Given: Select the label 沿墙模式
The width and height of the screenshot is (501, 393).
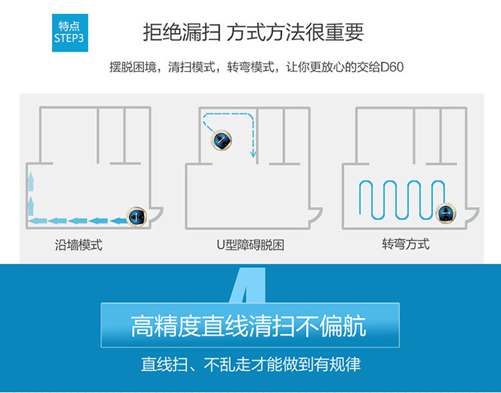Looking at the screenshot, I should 79,245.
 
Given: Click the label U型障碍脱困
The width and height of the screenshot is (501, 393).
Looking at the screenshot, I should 251,245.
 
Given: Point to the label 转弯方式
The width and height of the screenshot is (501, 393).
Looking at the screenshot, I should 406,243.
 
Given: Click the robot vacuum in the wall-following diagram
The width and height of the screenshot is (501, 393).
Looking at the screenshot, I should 138,216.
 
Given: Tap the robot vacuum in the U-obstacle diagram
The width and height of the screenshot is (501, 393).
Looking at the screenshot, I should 222,140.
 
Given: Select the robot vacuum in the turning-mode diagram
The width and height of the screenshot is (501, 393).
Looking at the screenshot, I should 446,213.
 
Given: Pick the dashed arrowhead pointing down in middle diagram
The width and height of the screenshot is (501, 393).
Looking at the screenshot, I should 254,154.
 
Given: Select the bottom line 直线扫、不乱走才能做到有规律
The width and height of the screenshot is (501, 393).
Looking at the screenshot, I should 251,365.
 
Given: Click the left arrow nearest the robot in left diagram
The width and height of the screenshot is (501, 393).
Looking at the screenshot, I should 118,219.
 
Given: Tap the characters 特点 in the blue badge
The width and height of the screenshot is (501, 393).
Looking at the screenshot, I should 69,25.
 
